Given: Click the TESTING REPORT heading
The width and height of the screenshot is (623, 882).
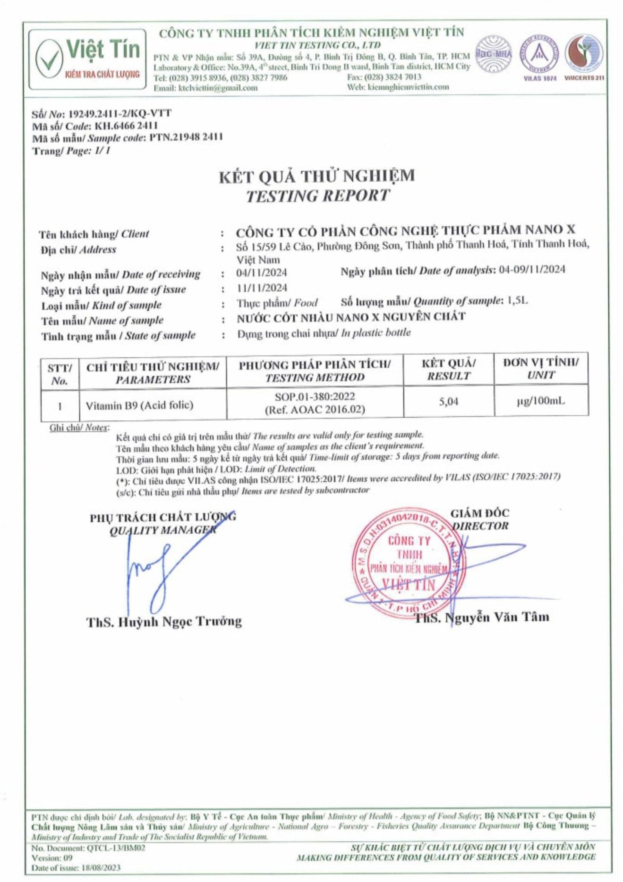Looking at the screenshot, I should click(318, 196).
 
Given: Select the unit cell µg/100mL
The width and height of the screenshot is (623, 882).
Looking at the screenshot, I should click(541, 402).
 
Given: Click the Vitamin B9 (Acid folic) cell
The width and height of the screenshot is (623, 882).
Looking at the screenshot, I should click(137, 405).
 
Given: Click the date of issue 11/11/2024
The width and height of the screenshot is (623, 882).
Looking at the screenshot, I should click(262, 288).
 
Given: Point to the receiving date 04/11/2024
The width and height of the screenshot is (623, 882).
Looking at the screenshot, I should click(262, 272).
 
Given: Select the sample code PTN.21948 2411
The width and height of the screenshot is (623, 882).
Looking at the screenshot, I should click(186, 138).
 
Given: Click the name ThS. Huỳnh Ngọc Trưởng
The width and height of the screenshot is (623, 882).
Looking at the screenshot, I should click(164, 621).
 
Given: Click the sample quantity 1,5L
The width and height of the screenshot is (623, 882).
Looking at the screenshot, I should click(517, 301).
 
